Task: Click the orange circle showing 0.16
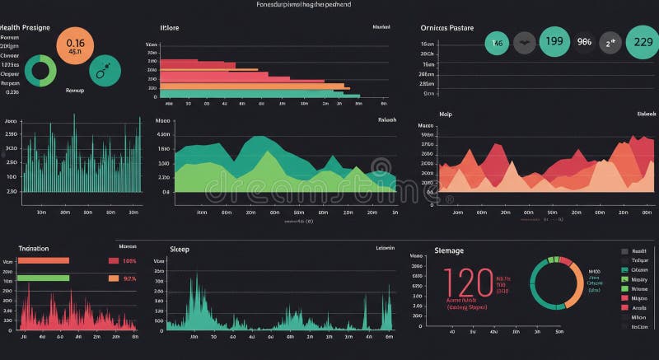pos(75,46)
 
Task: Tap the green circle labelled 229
pos(642,41)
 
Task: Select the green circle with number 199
pos(554,41)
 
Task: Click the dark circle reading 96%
pos(584,41)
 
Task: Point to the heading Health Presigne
pos(25,27)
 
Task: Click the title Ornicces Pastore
pos(446,27)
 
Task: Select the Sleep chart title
pos(179,248)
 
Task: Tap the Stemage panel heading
pos(448,250)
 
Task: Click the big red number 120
pos(469,283)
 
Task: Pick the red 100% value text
pos(129,261)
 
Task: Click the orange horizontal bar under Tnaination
pos(44,261)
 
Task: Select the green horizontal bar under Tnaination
pos(44,278)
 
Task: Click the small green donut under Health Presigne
pos(40,72)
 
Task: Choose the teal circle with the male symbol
pos(105,71)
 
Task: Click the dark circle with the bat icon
pos(525,42)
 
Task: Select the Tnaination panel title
pos(34,248)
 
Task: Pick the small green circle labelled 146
pos(497,42)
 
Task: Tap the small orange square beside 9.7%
pos(113,278)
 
